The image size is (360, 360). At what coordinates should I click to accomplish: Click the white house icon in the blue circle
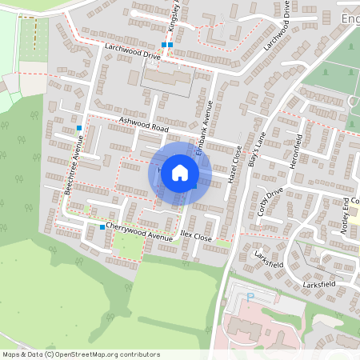coord(180,173)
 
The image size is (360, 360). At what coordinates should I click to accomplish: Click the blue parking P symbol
coord(250,296)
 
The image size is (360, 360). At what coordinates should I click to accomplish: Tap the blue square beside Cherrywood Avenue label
coord(102,227)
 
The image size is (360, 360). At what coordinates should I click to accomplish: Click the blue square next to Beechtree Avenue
coord(79,128)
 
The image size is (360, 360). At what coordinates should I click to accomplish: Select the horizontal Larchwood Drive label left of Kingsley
coord(133,52)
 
